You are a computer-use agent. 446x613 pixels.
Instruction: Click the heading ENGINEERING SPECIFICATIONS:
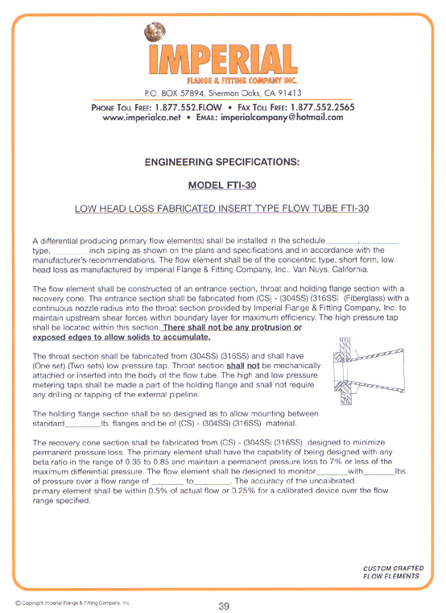[x=221, y=162]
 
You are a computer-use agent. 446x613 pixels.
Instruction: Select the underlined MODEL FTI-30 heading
[x=221, y=184]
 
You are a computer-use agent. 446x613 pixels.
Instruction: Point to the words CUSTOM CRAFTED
[x=390, y=569]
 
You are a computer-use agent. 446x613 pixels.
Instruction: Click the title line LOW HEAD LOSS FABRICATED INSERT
[x=221, y=208]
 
